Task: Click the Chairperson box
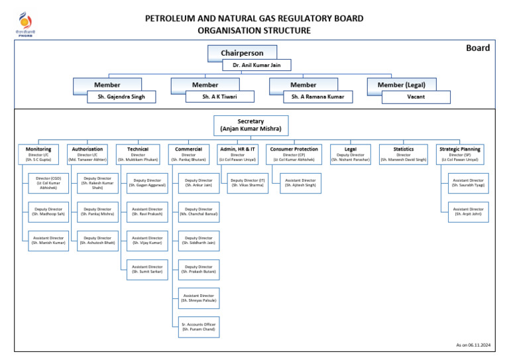pos(242,53)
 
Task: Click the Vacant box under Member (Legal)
pos(416,97)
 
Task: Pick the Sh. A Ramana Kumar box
pos(318,97)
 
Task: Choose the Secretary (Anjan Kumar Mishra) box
pos(251,125)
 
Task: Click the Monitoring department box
pos(38,154)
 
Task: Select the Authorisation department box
pos(87,154)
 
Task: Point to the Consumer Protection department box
pos(294,154)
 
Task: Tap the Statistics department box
pos(403,154)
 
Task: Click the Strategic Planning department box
pos(459,154)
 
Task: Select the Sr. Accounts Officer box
pos(198,327)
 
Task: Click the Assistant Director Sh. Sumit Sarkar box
pos(147,269)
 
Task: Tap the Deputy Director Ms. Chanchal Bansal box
pos(198,211)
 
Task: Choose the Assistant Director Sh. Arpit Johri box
pos(468,211)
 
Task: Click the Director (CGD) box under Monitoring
pos(48,183)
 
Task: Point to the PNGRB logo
pos(25,24)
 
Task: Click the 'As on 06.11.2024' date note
pos(472,345)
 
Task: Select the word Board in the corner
pos(477,48)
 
